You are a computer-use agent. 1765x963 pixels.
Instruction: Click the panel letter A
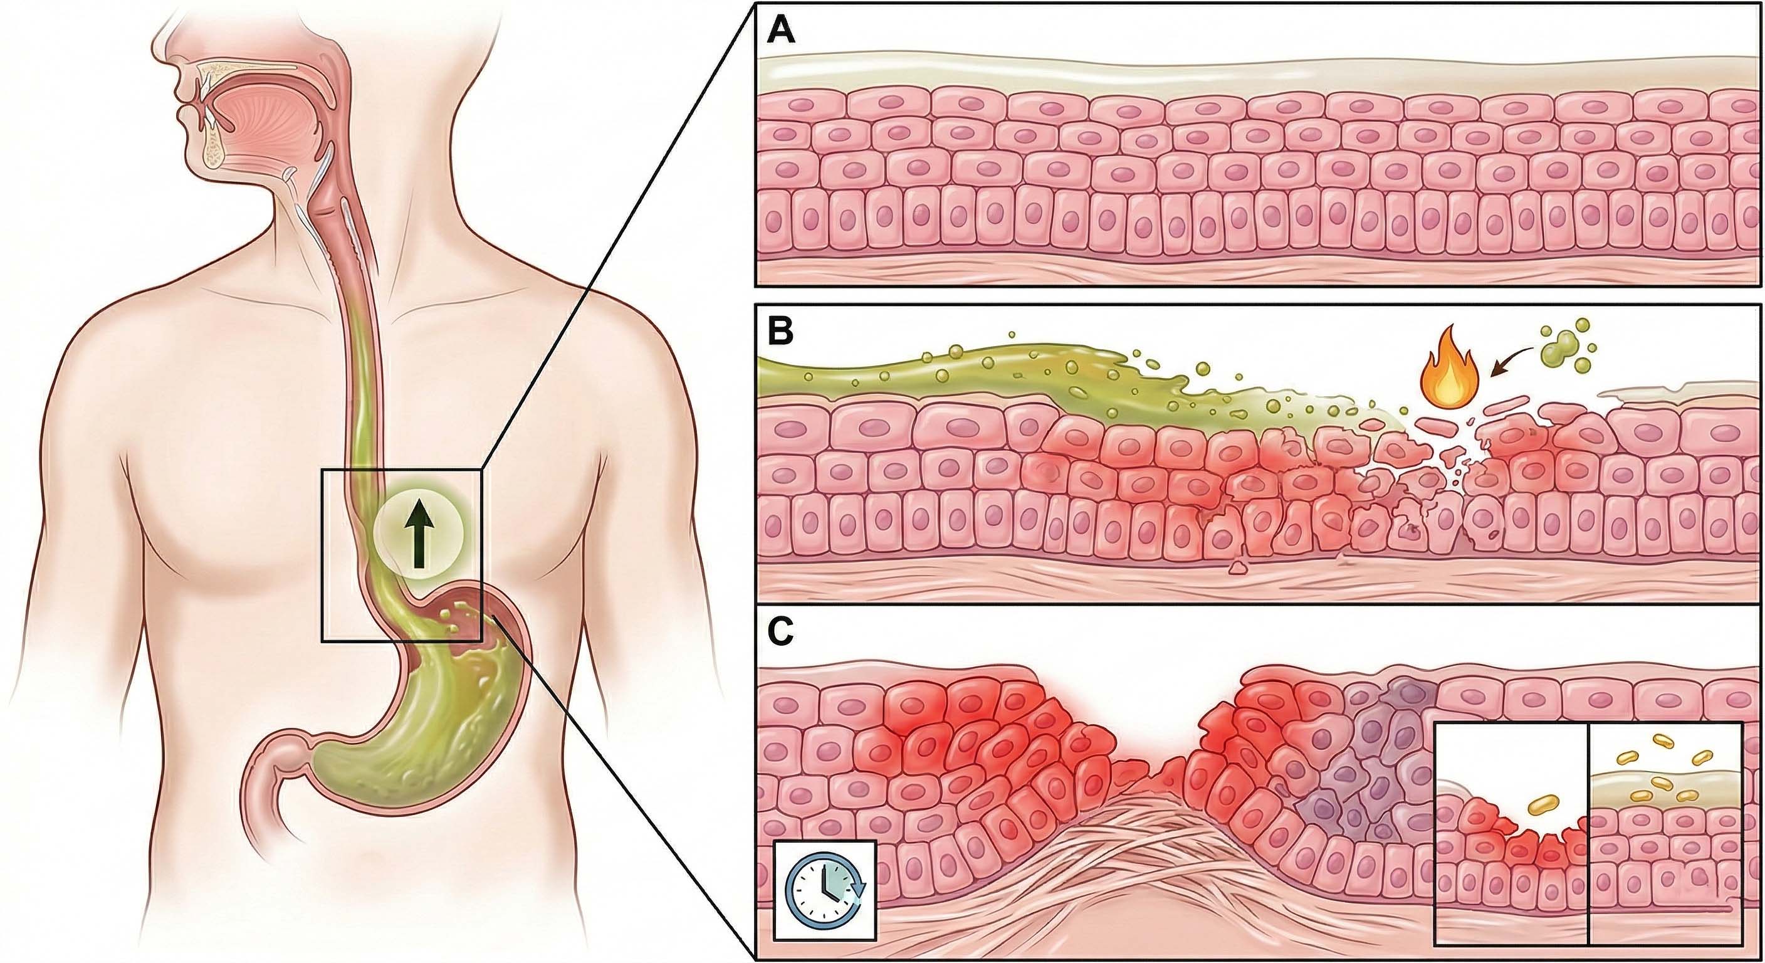coord(780,31)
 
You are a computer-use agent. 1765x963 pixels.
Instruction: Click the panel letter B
coord(780,332)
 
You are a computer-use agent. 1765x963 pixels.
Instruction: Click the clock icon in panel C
coord(824,890)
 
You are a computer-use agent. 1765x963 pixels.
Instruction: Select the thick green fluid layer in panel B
coord(959,384)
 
